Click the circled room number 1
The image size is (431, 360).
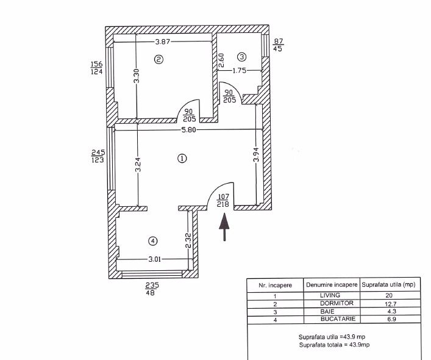tap(180, 159)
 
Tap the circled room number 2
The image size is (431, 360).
tap(159, 60)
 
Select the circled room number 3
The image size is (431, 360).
tap(241, 57)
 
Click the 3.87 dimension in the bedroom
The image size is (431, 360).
tap(165, 42)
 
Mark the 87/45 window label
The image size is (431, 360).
tap(278, 45)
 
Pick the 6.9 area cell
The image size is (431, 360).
tap(388, 319)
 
